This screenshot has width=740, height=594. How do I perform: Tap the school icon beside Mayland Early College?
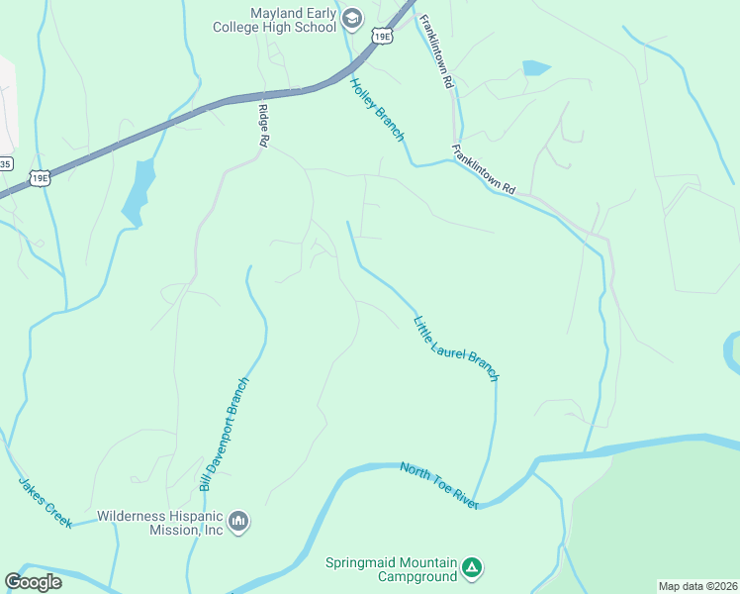click(351, 19)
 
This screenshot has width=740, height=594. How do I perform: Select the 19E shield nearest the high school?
click(382, 37)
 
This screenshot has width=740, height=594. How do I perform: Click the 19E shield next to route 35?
click(39, 178)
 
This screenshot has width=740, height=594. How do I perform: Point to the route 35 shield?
click(5, 163)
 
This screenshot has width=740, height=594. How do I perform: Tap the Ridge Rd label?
click(264, 126)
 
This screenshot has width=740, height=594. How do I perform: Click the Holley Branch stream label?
click(377, 109)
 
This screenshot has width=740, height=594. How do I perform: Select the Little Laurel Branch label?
click(456, 348)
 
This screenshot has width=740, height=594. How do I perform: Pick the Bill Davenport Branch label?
click(224, 434)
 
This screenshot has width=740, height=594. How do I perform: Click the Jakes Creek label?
click(45, 502)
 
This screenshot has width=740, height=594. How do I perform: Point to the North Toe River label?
click(439, 485)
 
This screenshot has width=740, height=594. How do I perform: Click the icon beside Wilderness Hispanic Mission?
click(237, 521)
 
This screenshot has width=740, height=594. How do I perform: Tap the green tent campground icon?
click(473, 568)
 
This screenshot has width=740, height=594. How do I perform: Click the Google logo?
click(34, 582)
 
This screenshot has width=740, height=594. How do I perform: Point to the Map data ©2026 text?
click(697, 586)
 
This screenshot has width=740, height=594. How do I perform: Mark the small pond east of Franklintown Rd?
click(535, 68)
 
